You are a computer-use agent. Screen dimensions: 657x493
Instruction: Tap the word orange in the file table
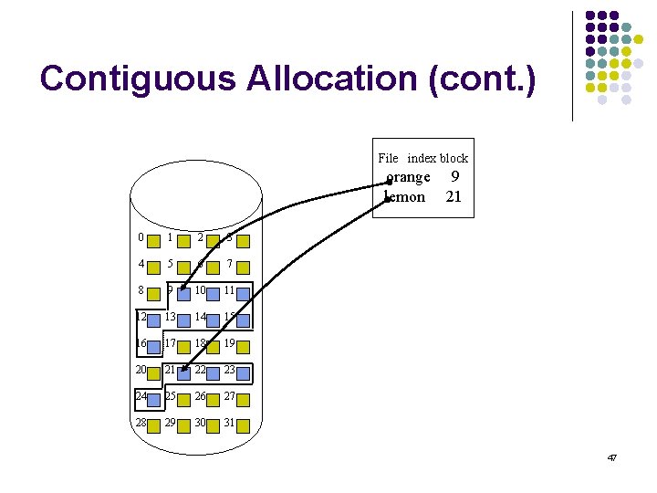[408, 177]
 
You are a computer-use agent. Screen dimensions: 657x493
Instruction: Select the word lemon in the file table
[405, 196]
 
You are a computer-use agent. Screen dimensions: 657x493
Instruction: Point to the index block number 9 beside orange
[454, 177]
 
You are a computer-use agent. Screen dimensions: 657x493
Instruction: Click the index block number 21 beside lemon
[454, 196]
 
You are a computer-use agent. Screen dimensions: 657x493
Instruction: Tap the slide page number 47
[611, 456]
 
